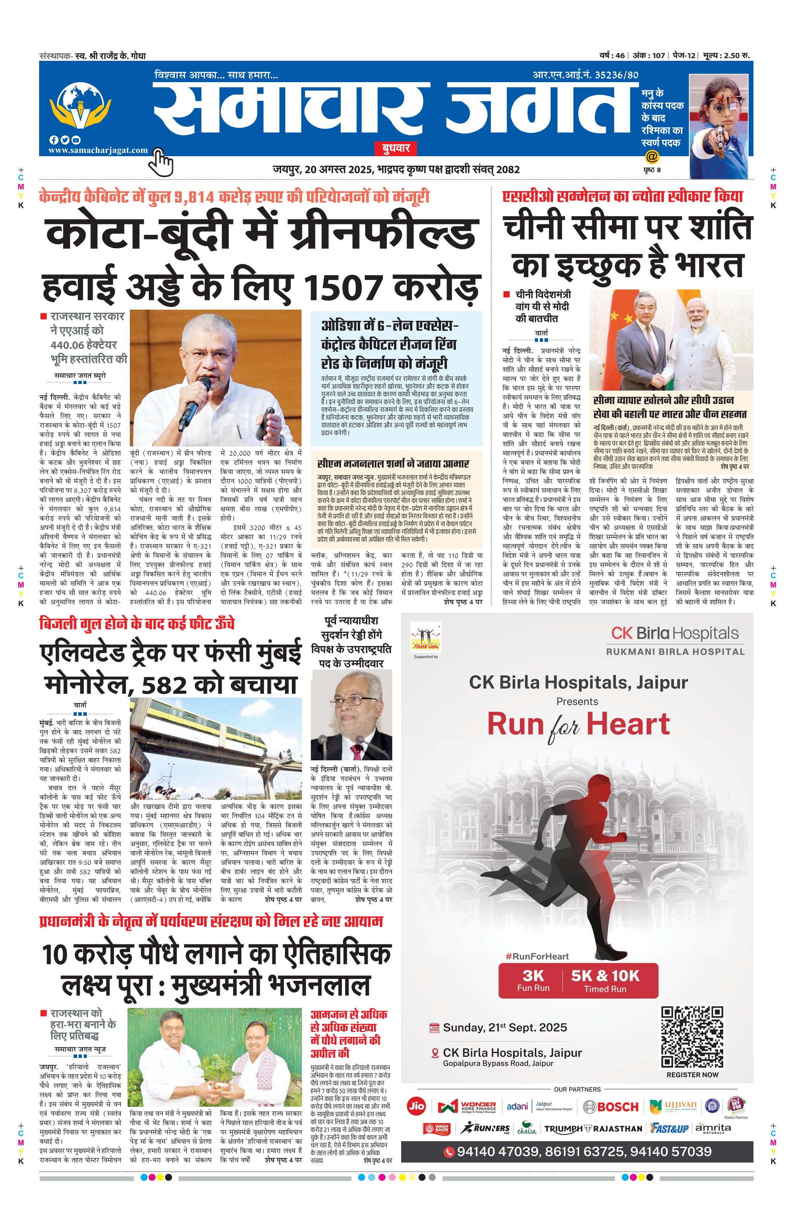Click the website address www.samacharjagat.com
(x=98, y=150)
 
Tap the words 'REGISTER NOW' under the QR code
(x=692, y=1075)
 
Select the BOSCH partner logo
(x=611, y=1107)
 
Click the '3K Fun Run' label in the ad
(x=533, y=980)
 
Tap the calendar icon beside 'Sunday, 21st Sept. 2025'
(x=434, y=1027)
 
